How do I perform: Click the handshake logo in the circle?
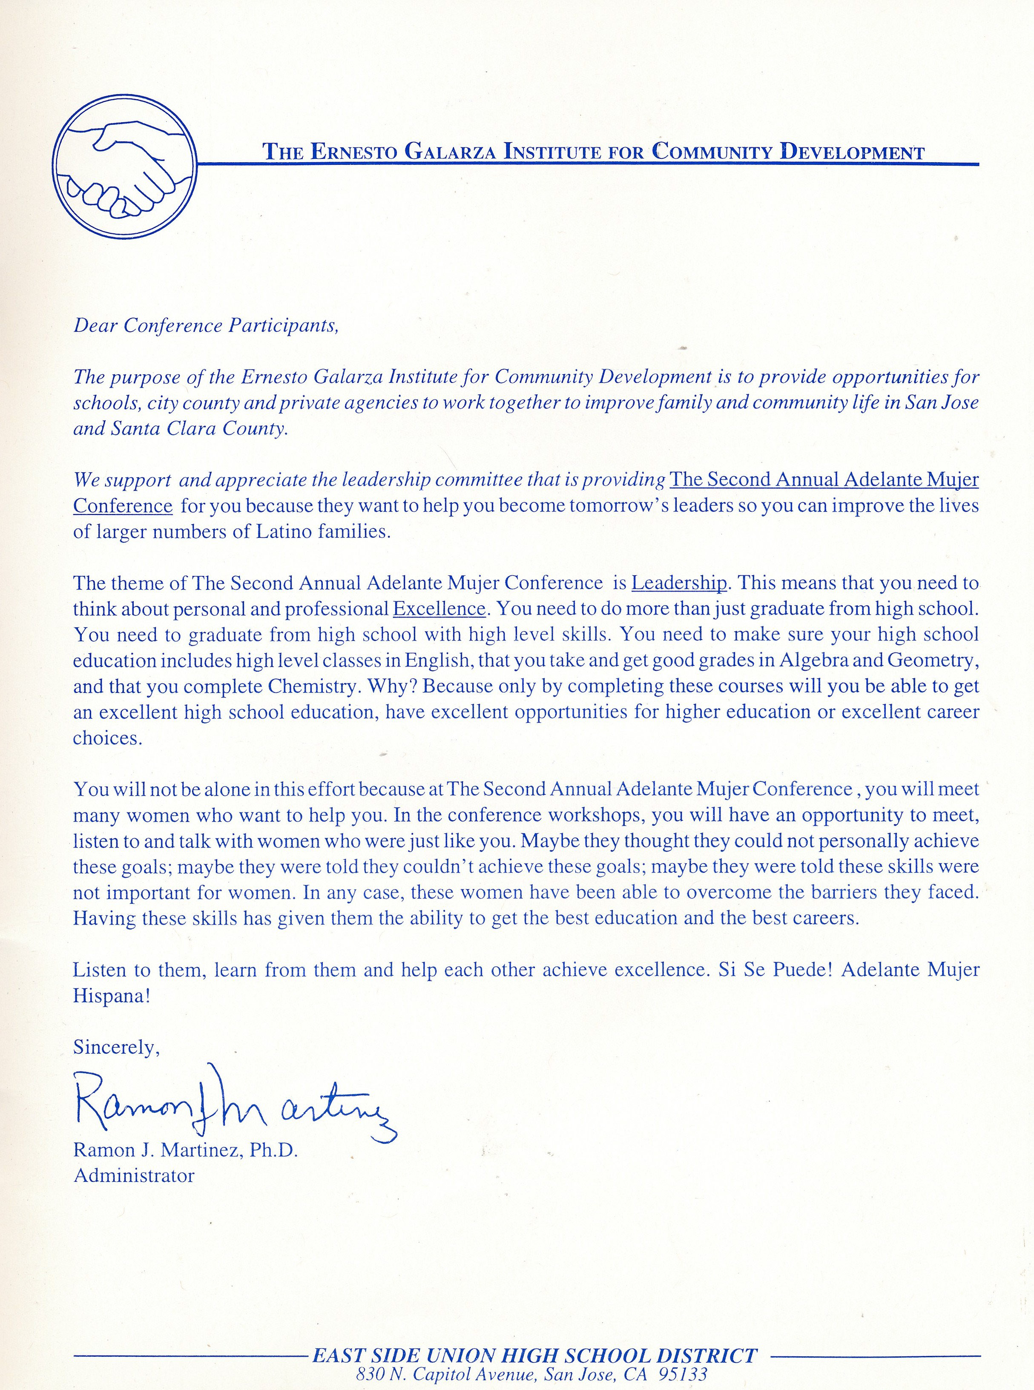124,166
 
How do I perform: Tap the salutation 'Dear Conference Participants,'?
206,325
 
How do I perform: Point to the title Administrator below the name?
134,1175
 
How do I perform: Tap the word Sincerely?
116,1048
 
